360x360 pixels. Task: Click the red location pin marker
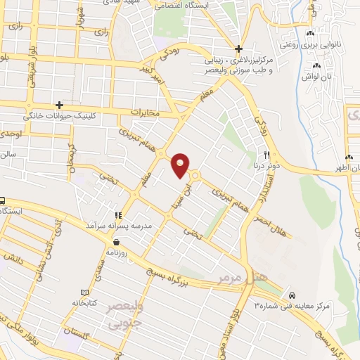tap(181, 165)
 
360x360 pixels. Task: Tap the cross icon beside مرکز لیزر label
tap(239, 49)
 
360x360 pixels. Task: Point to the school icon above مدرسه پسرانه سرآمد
tap(118, 214)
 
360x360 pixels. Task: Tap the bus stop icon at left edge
tap(2, 200)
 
